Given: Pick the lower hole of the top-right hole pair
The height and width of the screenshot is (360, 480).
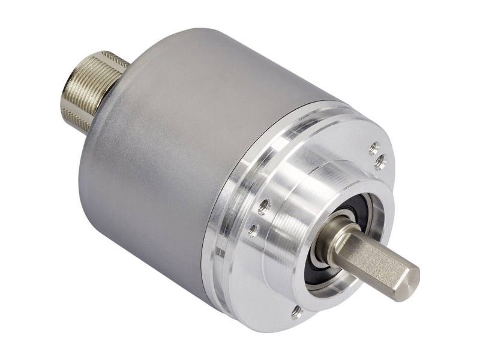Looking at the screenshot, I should (379, 160).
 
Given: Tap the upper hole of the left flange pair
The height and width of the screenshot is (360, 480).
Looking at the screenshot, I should (263, 207).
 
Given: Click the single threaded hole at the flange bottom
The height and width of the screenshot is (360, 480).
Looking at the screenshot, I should (295, 311).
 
